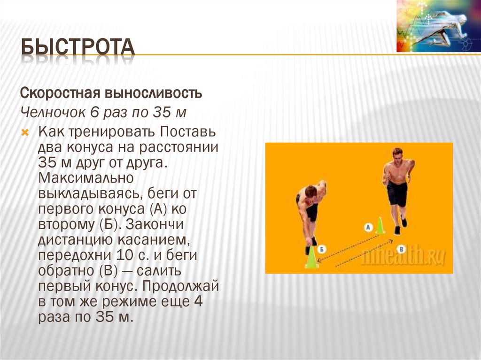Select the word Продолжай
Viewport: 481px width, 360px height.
(x=181, y=286)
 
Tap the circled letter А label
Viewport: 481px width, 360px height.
(x=368, y=227)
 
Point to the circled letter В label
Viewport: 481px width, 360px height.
(x=400, y=248)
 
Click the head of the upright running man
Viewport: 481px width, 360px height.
(x=397, y=154)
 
